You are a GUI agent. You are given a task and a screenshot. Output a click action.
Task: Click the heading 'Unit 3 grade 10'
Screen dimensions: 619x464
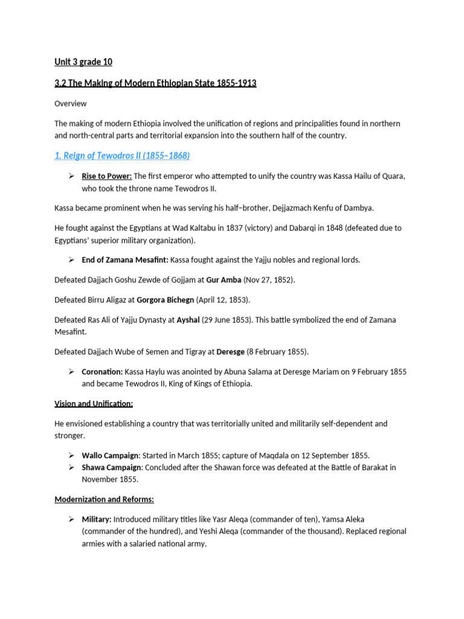point(83,62)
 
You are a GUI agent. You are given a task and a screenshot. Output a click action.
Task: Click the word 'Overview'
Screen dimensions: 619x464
point(70,103)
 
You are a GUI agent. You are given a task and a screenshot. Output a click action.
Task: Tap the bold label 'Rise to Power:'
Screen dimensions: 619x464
point(106,176)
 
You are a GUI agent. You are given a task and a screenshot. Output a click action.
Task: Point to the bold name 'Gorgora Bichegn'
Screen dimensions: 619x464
point(166,300)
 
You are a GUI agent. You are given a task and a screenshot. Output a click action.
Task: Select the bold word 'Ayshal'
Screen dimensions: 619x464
point(188,320)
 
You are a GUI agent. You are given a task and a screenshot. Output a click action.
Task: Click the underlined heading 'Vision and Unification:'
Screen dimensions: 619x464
point(94,403)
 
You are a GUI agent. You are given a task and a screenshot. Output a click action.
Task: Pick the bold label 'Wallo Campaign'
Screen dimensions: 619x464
point(110,455)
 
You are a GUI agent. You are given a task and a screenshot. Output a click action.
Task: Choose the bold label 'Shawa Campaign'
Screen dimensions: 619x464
point(111,467)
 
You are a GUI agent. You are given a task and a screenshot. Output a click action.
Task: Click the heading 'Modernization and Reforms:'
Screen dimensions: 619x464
point(105,499)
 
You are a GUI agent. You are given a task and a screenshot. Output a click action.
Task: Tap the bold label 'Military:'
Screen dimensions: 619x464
point(97,519)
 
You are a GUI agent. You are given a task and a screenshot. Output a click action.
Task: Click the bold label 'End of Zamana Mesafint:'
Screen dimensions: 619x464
point(125,260)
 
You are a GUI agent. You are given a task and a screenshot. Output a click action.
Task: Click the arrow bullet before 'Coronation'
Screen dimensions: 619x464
point(70,372)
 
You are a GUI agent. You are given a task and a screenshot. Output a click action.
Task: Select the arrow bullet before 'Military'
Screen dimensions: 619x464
point(70,519)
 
